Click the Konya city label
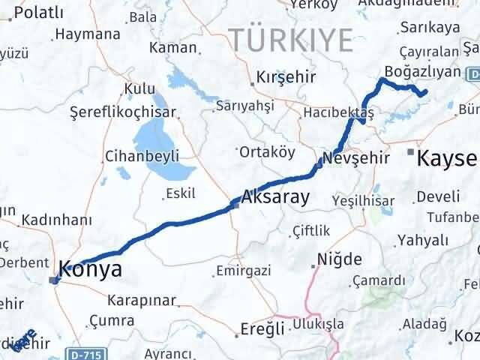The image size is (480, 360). [x=91, y=269]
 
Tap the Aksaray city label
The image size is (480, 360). [x=275, y=199]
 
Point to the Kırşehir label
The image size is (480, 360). [x=286, y=78]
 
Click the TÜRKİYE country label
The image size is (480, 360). [x=291, y=37]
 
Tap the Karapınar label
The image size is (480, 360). [x=141, y=301]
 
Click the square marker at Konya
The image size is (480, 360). [x=53, y=280]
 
